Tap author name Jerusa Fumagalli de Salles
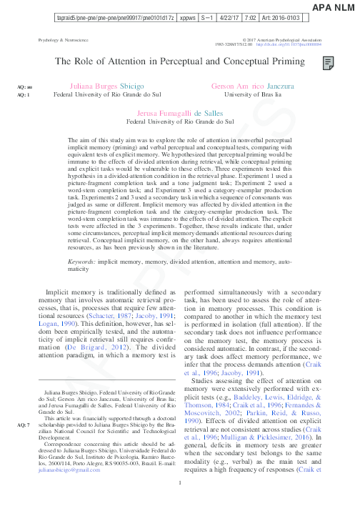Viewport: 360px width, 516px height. pos(179,114)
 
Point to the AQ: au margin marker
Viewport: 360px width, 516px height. pos(24,86)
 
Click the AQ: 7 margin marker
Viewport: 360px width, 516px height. pos(23,424)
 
